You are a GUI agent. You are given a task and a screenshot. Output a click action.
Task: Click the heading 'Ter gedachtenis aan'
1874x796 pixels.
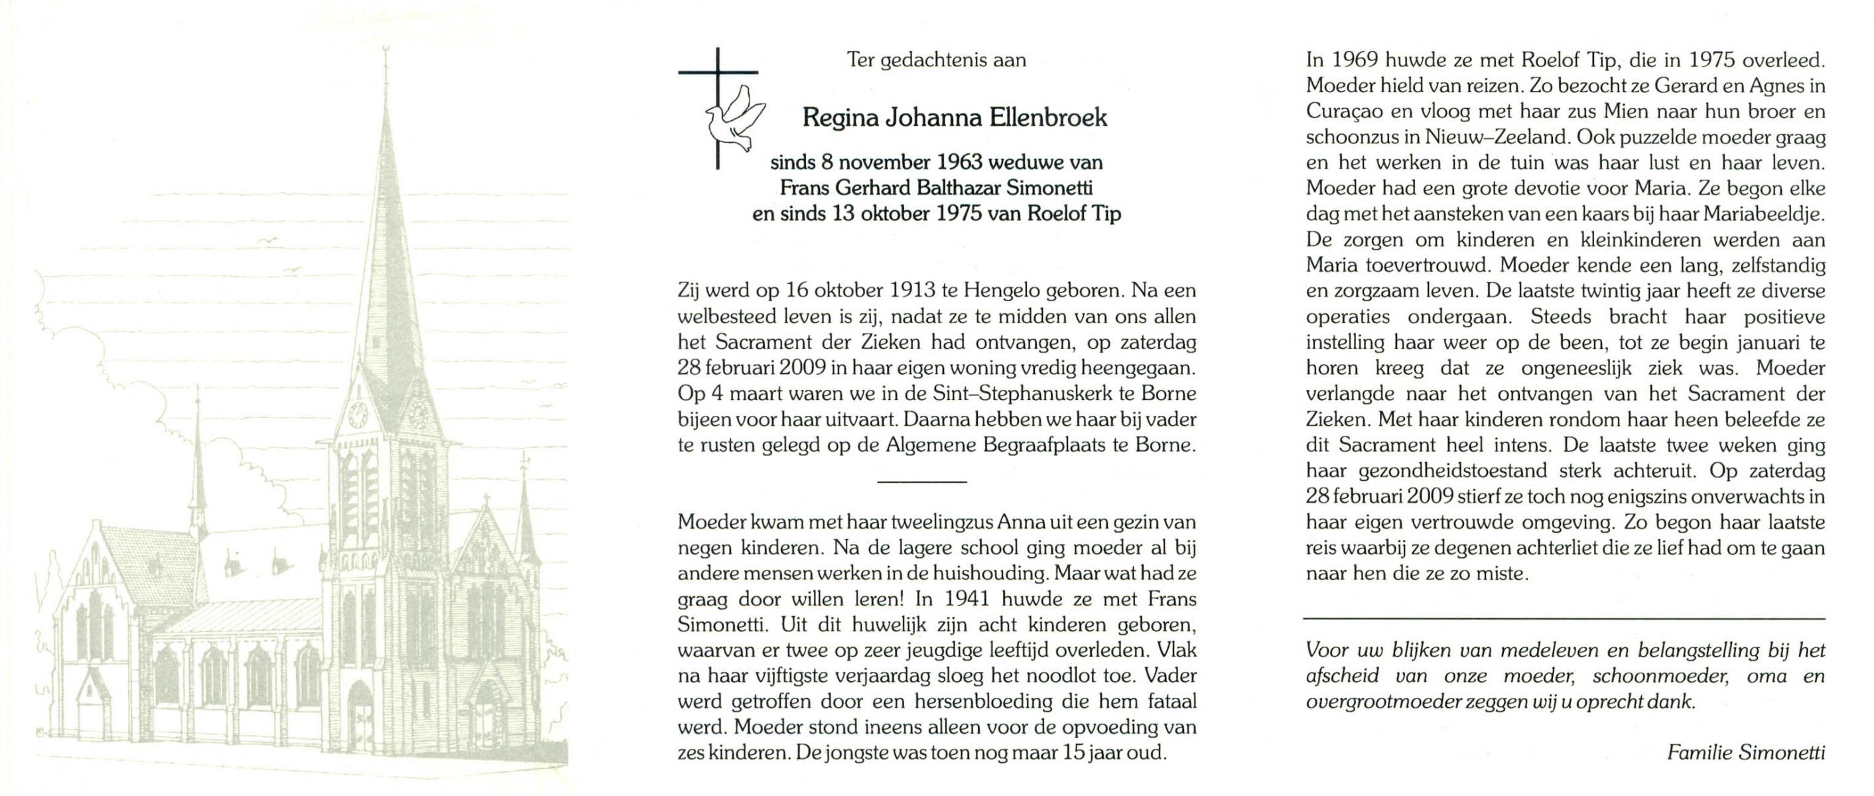pyautogui.click(x=936, y=60)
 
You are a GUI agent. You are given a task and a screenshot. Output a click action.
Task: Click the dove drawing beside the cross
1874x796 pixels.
pyautogui.click(x=733, y=120)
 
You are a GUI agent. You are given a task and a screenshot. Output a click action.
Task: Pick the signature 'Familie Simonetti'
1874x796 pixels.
pyautogui.click(x=1745, y=752)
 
